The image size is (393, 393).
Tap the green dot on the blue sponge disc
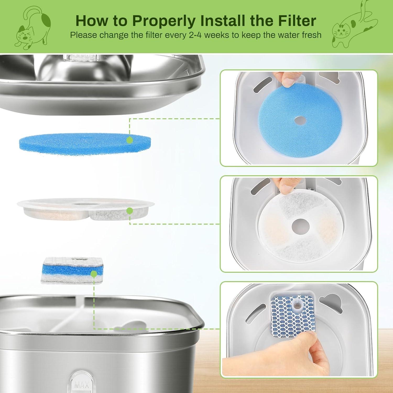coord(129,140)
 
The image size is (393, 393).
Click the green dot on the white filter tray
coord(129,210)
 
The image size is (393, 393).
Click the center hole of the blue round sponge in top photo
coord(301,120)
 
